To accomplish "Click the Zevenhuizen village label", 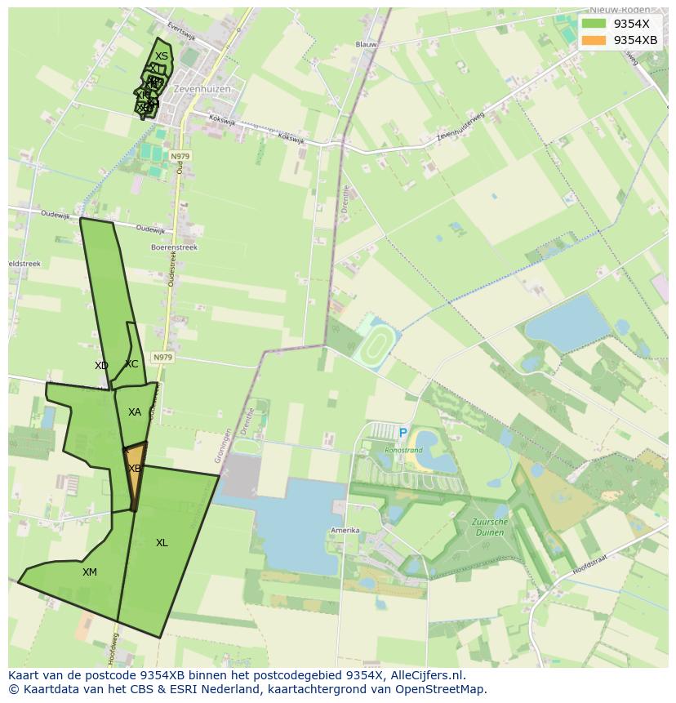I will coord(202,88).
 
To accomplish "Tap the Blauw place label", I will coord(366,45).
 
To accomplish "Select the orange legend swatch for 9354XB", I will coord(594,40).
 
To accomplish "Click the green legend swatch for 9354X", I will coord(594,24).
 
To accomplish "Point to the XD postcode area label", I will coord(101,366).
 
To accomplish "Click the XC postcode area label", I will coord(131,364).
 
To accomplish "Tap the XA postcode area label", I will coord(135,412).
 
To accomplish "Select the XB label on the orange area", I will coord(135,469).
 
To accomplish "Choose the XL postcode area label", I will coord(162,543).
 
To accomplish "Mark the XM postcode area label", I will coord(90,572).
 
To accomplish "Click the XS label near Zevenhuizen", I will coord(162,56).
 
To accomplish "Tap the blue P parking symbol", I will coord(402,433).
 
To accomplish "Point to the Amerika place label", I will coord(345,531).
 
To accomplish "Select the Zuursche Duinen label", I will coord(489,527).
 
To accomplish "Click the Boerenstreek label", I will coord(174,247).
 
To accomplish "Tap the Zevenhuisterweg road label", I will coord(460,127).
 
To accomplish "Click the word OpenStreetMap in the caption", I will coord(442,689).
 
